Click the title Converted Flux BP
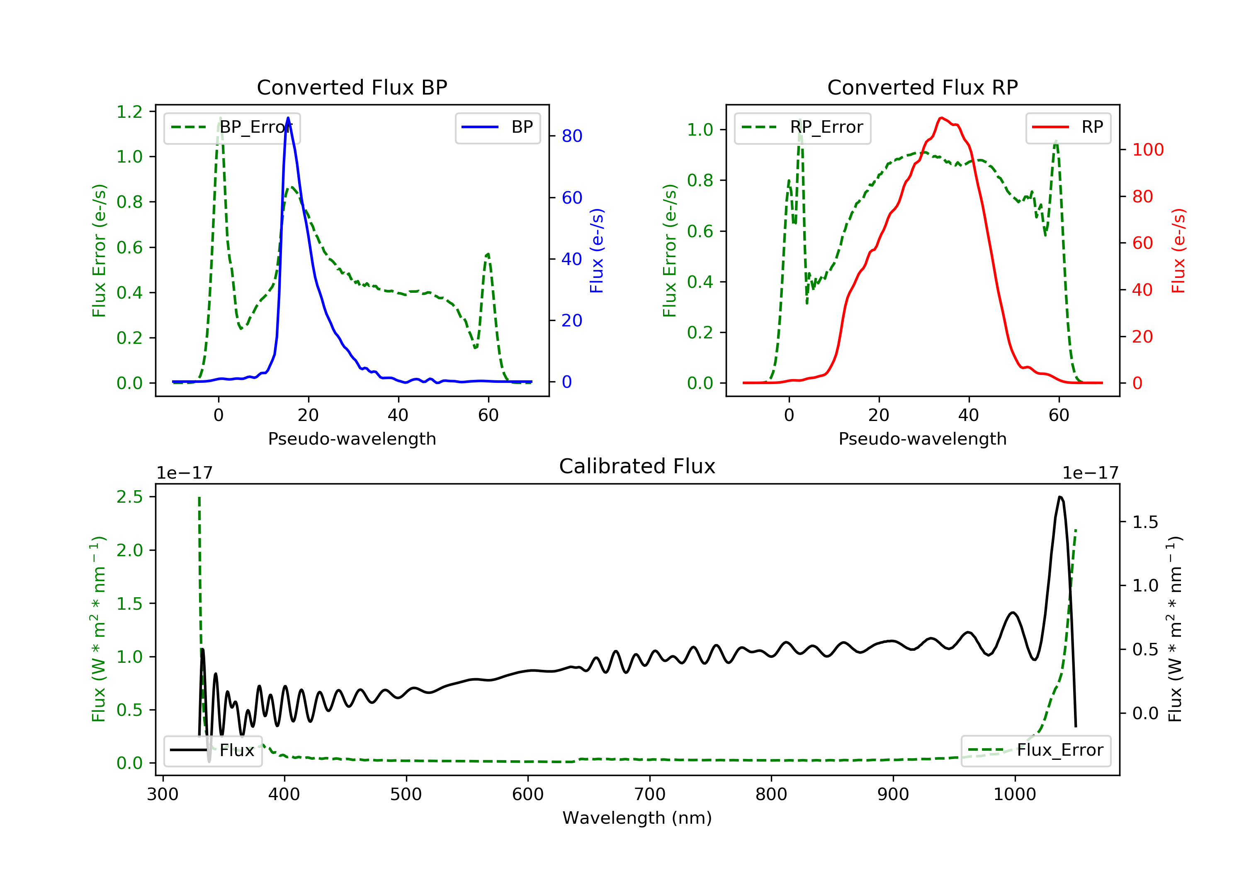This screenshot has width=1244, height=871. click(x=352, y=87)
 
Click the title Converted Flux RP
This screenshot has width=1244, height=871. click(x=923, y=87)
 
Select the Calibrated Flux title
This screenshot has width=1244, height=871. click(x=637, y=466)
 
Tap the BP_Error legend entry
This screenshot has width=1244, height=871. click(x=232, y=127)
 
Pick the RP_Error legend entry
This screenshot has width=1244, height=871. click(x=802, y=127)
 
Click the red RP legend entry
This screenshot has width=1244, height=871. click(x=1068, y=127)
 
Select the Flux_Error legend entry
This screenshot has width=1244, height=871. click(x=1035, y=750)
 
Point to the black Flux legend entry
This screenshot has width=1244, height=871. click(x=213, y=750)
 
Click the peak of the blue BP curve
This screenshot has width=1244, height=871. click(x=288, y=118)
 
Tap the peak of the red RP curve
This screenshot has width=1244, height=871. click(x=941, y=118)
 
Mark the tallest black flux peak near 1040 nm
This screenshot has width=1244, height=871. click(x=1060, y=496)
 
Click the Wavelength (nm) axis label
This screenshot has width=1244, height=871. click(x=637, y=818)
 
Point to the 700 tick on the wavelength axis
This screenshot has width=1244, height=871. click(x=650, y=795)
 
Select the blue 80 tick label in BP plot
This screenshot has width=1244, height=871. click(x=572, y=136)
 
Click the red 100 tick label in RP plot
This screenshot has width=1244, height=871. click(x=1148, y=150)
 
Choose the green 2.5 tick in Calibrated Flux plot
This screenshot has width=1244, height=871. click(x=129, y=496)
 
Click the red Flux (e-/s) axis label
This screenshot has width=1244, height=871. click(x=1178, y=251)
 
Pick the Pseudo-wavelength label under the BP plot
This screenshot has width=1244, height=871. click(x=352, y=438)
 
